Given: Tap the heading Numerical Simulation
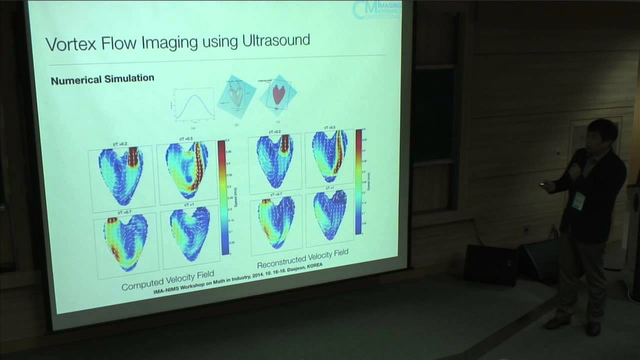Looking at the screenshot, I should point(102,79).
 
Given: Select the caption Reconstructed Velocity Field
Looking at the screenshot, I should point(302,258).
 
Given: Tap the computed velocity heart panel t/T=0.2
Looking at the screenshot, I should point(120,175).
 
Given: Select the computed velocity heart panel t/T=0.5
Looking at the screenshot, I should point(186,170).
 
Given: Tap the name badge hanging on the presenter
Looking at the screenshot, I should point(578,201).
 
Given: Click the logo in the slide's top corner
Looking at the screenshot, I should point(376,10).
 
